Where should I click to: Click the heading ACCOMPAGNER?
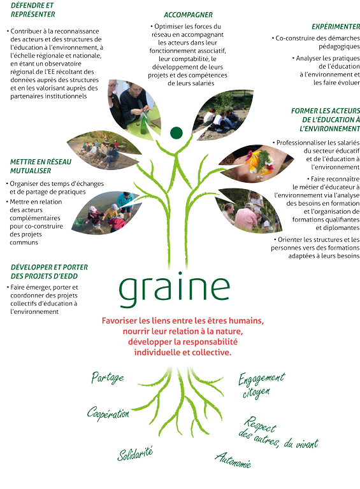coord(188,15)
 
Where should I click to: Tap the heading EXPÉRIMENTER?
coord(336,27)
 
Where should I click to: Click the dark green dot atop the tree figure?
coord(176,132)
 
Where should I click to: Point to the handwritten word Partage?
coord(108,378)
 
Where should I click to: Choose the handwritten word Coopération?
coord(108,413)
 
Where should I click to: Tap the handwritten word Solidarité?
coord(135,453)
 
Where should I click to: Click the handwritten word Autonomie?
coord(233,460)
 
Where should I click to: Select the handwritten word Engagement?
coord(261,379)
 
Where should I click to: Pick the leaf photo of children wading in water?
coord(106,213)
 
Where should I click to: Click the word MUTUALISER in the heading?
coord(31,171)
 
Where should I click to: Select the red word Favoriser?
coord(120,321)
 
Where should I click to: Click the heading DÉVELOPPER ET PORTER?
coord(49,267)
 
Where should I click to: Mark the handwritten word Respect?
coord(260,425)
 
